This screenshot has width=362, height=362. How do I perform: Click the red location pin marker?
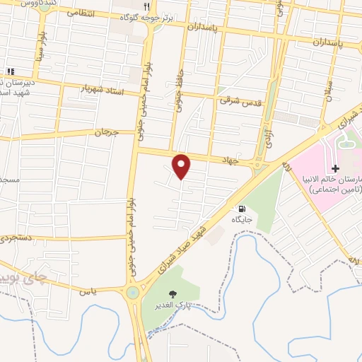point(182,166)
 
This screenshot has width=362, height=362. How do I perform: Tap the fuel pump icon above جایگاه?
point(243,209)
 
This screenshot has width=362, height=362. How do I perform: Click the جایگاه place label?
point(243,220)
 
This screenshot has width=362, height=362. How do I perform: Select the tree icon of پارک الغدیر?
point(171,293)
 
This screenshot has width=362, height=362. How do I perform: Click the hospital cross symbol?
point(336,168)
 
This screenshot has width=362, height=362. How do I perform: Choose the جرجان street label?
point(104,132)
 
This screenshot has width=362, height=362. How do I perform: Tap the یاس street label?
point(88,291)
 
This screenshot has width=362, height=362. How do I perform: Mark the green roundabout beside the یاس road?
point(132,292)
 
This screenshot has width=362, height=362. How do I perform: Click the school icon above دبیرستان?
point(10,71)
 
